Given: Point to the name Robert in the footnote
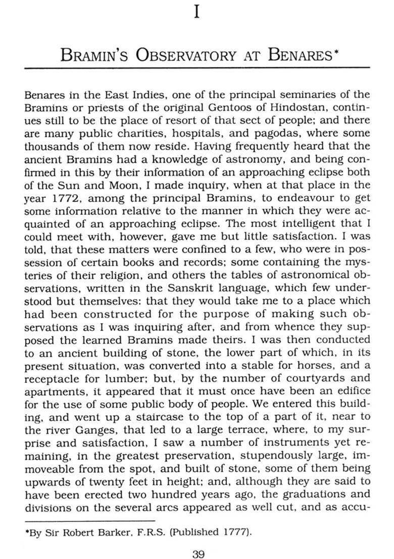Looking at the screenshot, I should (x=75, y=532).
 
